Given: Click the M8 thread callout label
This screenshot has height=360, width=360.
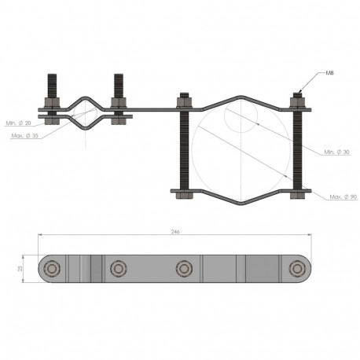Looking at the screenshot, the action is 329,73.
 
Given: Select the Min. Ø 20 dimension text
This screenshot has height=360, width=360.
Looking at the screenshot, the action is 18,123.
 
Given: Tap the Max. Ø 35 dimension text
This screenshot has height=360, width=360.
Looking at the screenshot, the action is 24,136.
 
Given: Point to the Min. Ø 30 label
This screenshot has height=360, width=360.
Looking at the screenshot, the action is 336,152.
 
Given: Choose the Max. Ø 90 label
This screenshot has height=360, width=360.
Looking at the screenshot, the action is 343,197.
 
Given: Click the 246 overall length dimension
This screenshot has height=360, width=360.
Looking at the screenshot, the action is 175,232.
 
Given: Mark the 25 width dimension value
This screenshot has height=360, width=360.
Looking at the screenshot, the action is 20,269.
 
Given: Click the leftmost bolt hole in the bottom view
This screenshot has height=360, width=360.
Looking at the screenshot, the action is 52,269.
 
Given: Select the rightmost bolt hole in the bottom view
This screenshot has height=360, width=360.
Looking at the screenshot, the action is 297,269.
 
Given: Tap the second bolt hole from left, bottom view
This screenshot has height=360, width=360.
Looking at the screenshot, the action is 119,269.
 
